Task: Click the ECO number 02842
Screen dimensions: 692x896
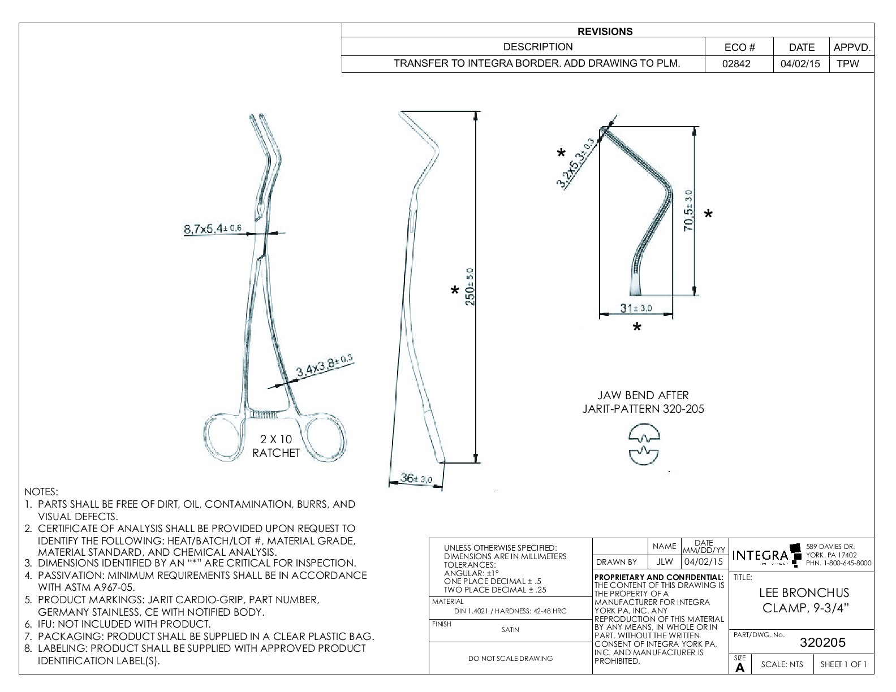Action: pyautogui.click(x=736, y=64)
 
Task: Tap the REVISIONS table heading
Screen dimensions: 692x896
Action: pyautogui.click(x=605, y=32)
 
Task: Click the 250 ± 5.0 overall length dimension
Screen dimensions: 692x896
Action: pyautogui.click(x=469, y=287)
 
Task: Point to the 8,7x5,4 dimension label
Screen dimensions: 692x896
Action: pyautogui.click(x=213, y=229)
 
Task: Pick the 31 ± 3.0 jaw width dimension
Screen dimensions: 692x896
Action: pyautogui.click(x=636, y=308)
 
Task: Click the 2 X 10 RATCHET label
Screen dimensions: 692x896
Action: pyautogui.click(x=275, y=446)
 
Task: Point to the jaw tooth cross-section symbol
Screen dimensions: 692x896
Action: pyautogui.click(x=644, y=446)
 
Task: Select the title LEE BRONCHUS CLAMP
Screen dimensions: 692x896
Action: pyautogui.click(x=803, y=600)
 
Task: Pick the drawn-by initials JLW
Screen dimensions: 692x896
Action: pyautogui.click(x=664, y=562)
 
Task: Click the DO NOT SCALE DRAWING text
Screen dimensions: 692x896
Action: pyautogui.click(x=510, y=658)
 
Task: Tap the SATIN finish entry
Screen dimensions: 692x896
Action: pyautogui.click(x=510, y=629)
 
